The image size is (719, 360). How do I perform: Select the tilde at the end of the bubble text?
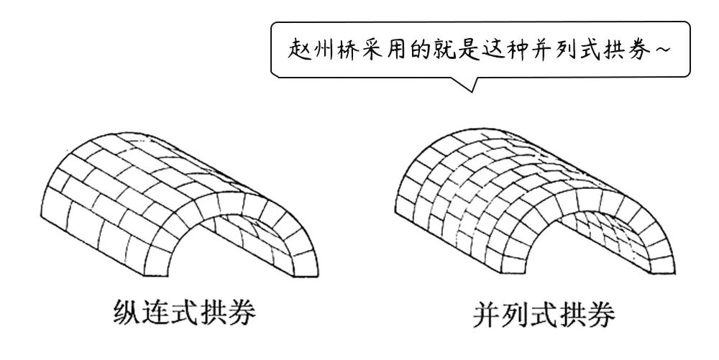[669, 50]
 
